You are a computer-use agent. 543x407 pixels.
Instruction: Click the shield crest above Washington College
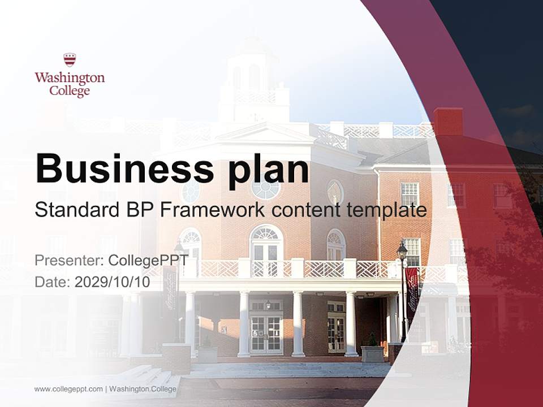(x=70, y=59)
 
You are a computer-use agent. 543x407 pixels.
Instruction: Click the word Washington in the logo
(x=70, y=77)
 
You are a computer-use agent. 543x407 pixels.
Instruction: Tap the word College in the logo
(x=70, y=90)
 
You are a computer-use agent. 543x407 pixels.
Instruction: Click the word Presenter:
(x=69, y=261)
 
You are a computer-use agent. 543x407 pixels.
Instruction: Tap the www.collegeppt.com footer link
(x=68, y=389)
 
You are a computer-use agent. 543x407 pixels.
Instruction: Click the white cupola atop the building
(x=248, y=79)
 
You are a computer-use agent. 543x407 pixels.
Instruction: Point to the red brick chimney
(x=448, y=121)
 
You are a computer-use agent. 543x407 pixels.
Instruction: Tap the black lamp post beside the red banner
(x=402, y=288)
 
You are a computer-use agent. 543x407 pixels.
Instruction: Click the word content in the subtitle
(x=305, y=210)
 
